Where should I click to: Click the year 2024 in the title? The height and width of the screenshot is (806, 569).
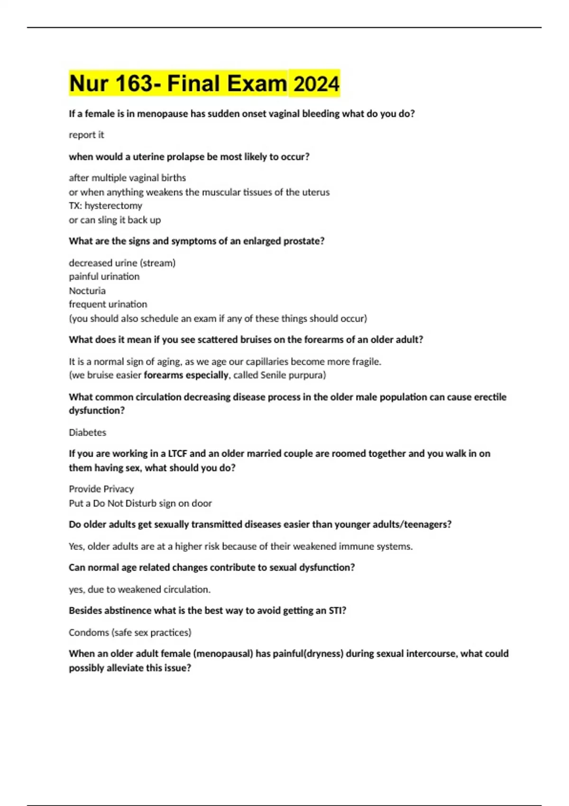pos(316,84)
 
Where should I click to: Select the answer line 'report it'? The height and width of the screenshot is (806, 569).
pos(86,135)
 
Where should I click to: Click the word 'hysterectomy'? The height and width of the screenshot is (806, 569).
pos(113,206)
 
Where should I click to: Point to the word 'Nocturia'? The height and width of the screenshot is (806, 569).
pos(87,291)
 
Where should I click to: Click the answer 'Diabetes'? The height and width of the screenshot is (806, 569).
pos(87,432)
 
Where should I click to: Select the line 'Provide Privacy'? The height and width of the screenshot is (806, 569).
pos(101,489)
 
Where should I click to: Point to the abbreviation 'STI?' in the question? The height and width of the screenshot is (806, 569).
pos(337,611)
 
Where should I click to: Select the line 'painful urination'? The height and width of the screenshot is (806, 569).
pos(104,276)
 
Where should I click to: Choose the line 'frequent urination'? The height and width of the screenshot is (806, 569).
pos(108,304)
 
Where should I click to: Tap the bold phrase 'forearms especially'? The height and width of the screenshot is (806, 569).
pos(186,375)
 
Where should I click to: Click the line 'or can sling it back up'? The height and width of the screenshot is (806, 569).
pos(115,220)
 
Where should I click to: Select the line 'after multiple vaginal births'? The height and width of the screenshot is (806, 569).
pos(127,178)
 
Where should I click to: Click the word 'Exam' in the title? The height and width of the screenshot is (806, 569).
pos(257,84)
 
